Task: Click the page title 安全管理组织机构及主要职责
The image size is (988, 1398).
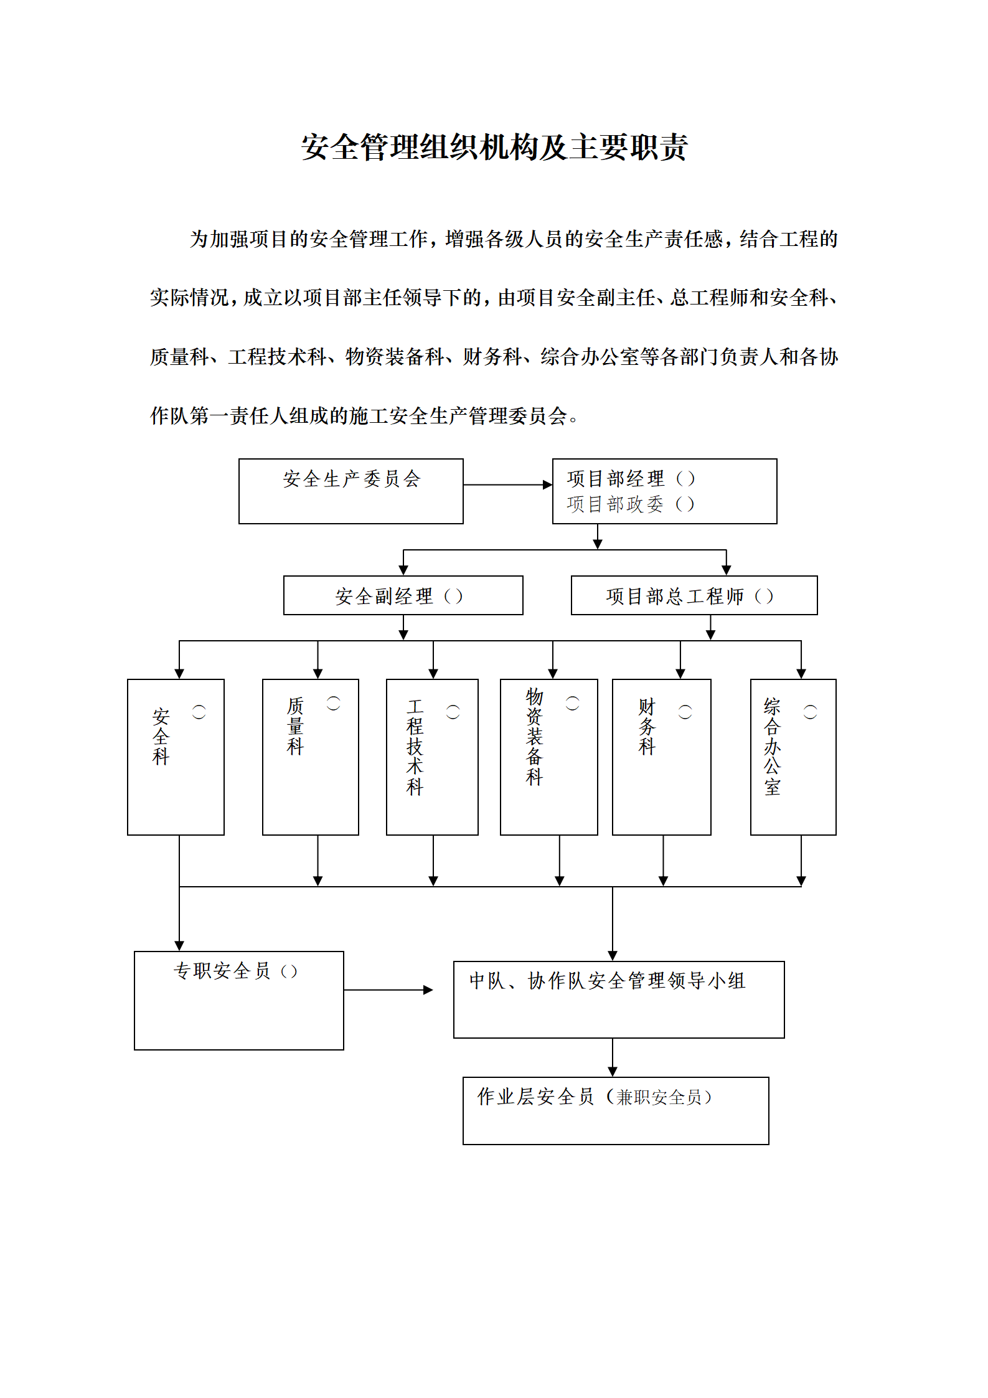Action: (494, 148)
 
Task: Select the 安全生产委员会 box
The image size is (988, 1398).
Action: (351, 491)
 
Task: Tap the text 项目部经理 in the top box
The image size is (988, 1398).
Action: (616, 478)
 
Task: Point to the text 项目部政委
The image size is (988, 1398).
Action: (616, 504)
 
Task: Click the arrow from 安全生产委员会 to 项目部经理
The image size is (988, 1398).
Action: (508, 484)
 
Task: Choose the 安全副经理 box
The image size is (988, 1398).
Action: (403, 595)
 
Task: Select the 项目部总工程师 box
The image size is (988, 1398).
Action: (694, 595)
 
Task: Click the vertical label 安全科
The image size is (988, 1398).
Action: (161, 736)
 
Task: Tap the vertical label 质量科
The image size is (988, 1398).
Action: (295, 726)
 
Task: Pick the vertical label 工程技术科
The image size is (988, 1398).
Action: (415, 747)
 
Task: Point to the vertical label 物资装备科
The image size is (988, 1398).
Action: (534, 737)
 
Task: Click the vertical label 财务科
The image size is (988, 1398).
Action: (647, 726)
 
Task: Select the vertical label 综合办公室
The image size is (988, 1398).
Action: (772, 747)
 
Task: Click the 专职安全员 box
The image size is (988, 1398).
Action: (239, 1000)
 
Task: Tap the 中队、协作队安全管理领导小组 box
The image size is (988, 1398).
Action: (619, 999)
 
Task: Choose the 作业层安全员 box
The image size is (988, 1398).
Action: (616, 1111)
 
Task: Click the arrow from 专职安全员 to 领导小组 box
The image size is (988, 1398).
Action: (388, 989)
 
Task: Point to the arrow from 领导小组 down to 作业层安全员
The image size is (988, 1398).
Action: (613, 1057)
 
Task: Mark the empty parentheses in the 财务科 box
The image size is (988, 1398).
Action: (685, 712)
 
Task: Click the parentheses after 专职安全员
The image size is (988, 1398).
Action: (289, 971)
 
